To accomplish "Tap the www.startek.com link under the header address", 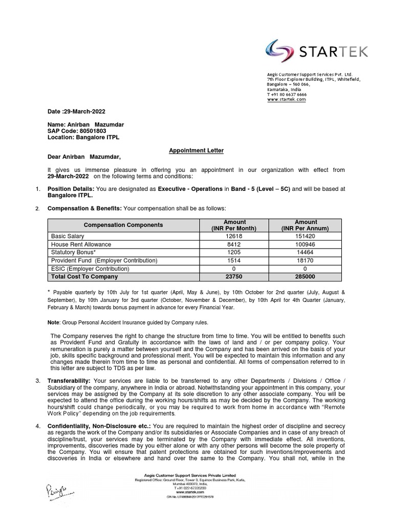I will [286, 99].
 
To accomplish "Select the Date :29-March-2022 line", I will [77, 112].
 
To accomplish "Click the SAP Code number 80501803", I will [93, 130].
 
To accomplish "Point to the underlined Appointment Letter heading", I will [189, 150].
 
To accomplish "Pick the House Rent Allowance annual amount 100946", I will [305, 244].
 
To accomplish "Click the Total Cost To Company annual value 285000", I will [305, 276].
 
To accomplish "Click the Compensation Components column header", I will [123, 225].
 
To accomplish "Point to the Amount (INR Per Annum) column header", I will [305, 225].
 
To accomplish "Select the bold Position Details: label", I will [69, 189].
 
